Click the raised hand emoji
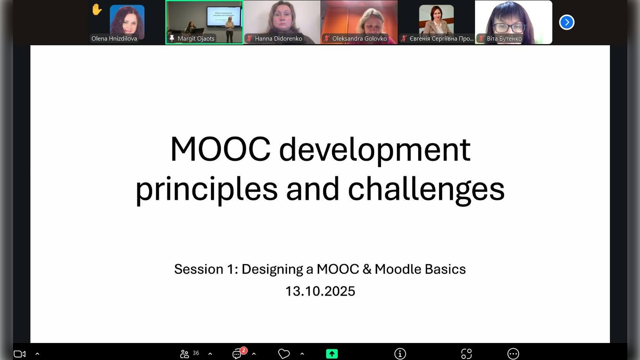pyautogui.click(x=97, y=9)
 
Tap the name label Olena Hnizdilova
pyautogui.click(x=114, y=39)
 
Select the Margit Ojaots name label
pyautogui.click(x=196, y=39)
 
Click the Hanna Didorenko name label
pyautogui.click(x=278, y=39)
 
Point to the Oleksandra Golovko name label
pyautogui.click(x=359, y=39)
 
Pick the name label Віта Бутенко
pyautogui.click(x=504, y=39)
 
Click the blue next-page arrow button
pyautogui.click(x=567, y=22)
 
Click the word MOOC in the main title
pyautogui.click(x=220, y=149)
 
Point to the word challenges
pyautogui.click(x=426, y=189)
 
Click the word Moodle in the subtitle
pyautogui.click(x=398, y=269)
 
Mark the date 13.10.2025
pyautogui.click(x=320, y=291)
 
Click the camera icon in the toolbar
pyautogui.click(x=20, y=354)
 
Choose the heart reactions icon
pyautogui.click(x=284, y=354)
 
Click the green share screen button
pyautogui.click(x=332, y=354)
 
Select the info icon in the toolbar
pyautogui.click(x=400, y=354)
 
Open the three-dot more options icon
pyautogui.click(x=513, y=354)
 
